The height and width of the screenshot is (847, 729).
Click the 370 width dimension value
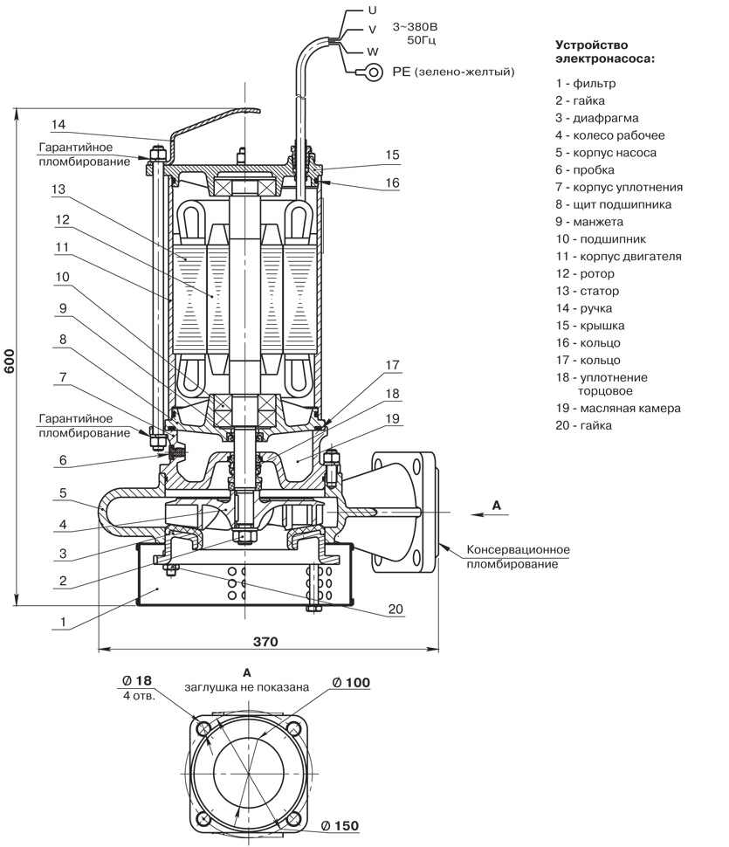click(x=265, y=641)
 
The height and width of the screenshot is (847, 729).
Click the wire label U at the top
click(x=373, y=10)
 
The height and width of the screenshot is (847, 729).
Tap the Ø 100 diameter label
click(x=354, y=682)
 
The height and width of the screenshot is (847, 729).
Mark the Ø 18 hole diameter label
click(x=138, y=679)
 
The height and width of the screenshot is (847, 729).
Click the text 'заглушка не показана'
click(x=247, y=686)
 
